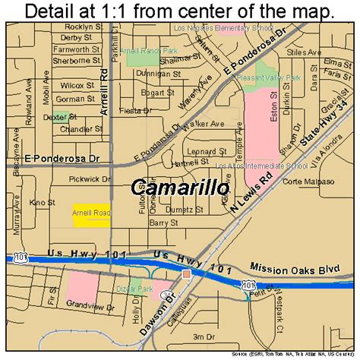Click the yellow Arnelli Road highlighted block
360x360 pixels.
[x=92, y=214]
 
